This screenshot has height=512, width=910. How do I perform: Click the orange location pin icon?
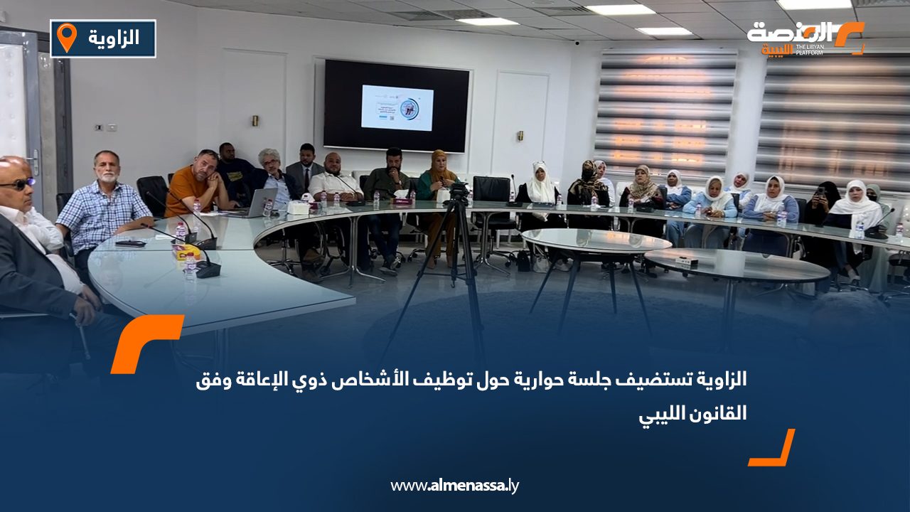66,37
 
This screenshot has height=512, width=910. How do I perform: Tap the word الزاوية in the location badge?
114,38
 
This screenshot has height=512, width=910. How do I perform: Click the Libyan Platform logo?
806,38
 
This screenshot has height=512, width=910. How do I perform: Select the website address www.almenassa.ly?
454,486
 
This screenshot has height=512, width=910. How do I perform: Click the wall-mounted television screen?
397,105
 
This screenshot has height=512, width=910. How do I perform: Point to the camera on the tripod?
459,191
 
